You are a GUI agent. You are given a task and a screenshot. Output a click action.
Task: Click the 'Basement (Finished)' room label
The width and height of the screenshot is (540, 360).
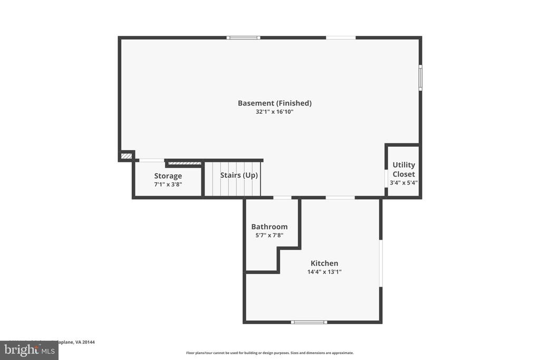point(274,103)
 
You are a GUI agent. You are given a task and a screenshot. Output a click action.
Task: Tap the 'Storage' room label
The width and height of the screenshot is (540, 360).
point(168,176)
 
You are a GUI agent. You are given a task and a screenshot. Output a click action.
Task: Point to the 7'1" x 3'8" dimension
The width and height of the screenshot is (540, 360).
point(168,184)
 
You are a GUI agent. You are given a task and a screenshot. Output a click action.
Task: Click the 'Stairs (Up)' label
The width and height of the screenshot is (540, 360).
point(239,175)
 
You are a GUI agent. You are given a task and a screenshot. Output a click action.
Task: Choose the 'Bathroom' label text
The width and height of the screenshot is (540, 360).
point(269,227)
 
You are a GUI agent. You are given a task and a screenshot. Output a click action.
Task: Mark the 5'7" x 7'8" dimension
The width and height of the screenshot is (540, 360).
point(269,235)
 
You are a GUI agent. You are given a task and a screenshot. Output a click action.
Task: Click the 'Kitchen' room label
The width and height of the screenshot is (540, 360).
point(324,264)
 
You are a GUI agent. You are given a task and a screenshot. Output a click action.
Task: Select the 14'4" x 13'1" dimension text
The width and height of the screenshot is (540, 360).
point(324,272)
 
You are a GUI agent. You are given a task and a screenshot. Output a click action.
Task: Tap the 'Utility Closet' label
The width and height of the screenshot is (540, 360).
point(403,169)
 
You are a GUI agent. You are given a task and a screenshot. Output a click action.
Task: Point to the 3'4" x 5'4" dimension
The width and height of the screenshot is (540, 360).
point(403,182)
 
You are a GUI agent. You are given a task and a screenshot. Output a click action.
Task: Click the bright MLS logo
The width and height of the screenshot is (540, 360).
point(29,350)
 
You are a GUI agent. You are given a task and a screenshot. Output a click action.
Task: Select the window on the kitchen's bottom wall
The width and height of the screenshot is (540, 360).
point(309,322)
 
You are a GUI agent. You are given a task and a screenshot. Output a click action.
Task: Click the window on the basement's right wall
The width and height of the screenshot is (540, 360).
point(420,77)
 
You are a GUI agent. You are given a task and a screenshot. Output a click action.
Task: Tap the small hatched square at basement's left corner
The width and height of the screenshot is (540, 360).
point(126,155)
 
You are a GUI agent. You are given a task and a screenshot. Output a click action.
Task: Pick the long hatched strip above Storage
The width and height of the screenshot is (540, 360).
point(185,163)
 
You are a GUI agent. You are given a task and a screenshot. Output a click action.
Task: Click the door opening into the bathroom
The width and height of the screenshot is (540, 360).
point(282,198)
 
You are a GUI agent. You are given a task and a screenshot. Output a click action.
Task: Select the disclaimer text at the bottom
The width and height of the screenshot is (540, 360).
point(269,353)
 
